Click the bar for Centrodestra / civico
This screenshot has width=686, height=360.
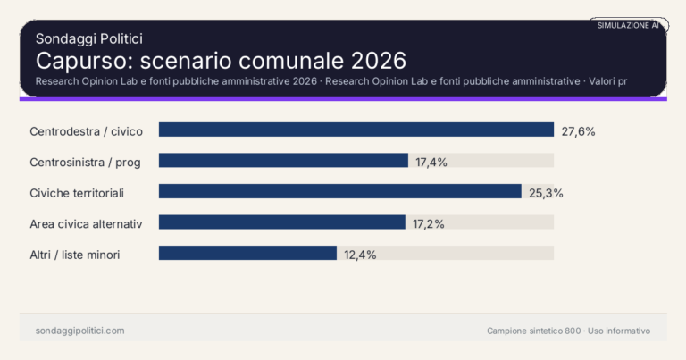pyautogui.click(x=356, y=130)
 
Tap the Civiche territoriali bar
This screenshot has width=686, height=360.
pyautogui.click(x=339, y=191)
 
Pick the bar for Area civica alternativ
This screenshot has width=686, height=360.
pyautogui.click(x=282, y=222)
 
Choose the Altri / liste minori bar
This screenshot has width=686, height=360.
pyautogui.click(x=247, y=253)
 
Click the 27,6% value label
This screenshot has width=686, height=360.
pyautogui.click(x=578, y=130)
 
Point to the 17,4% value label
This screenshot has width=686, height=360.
pyautogui.click(x=431, y=162)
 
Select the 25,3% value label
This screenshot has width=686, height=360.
pyautogui.click(x=545, y=192)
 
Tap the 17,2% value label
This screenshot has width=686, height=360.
pyautogui.click(x=429, y=223)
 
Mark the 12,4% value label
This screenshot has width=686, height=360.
pyautogui.click(x=360, y=255)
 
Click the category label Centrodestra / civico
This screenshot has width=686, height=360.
pyautogui.click(x=86, y=131)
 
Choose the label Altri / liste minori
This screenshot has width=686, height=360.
pyautogui.click(x=75, y=255)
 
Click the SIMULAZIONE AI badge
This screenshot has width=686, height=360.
pyautogui.click(x=628, y=25)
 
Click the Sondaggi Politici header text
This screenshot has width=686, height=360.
pyautogui.click(x=89, y=38)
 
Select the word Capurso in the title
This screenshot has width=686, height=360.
pyautogui.click(x=73, y=61)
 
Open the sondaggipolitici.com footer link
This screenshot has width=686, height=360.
pyautogui.click(x=79, y=331)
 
